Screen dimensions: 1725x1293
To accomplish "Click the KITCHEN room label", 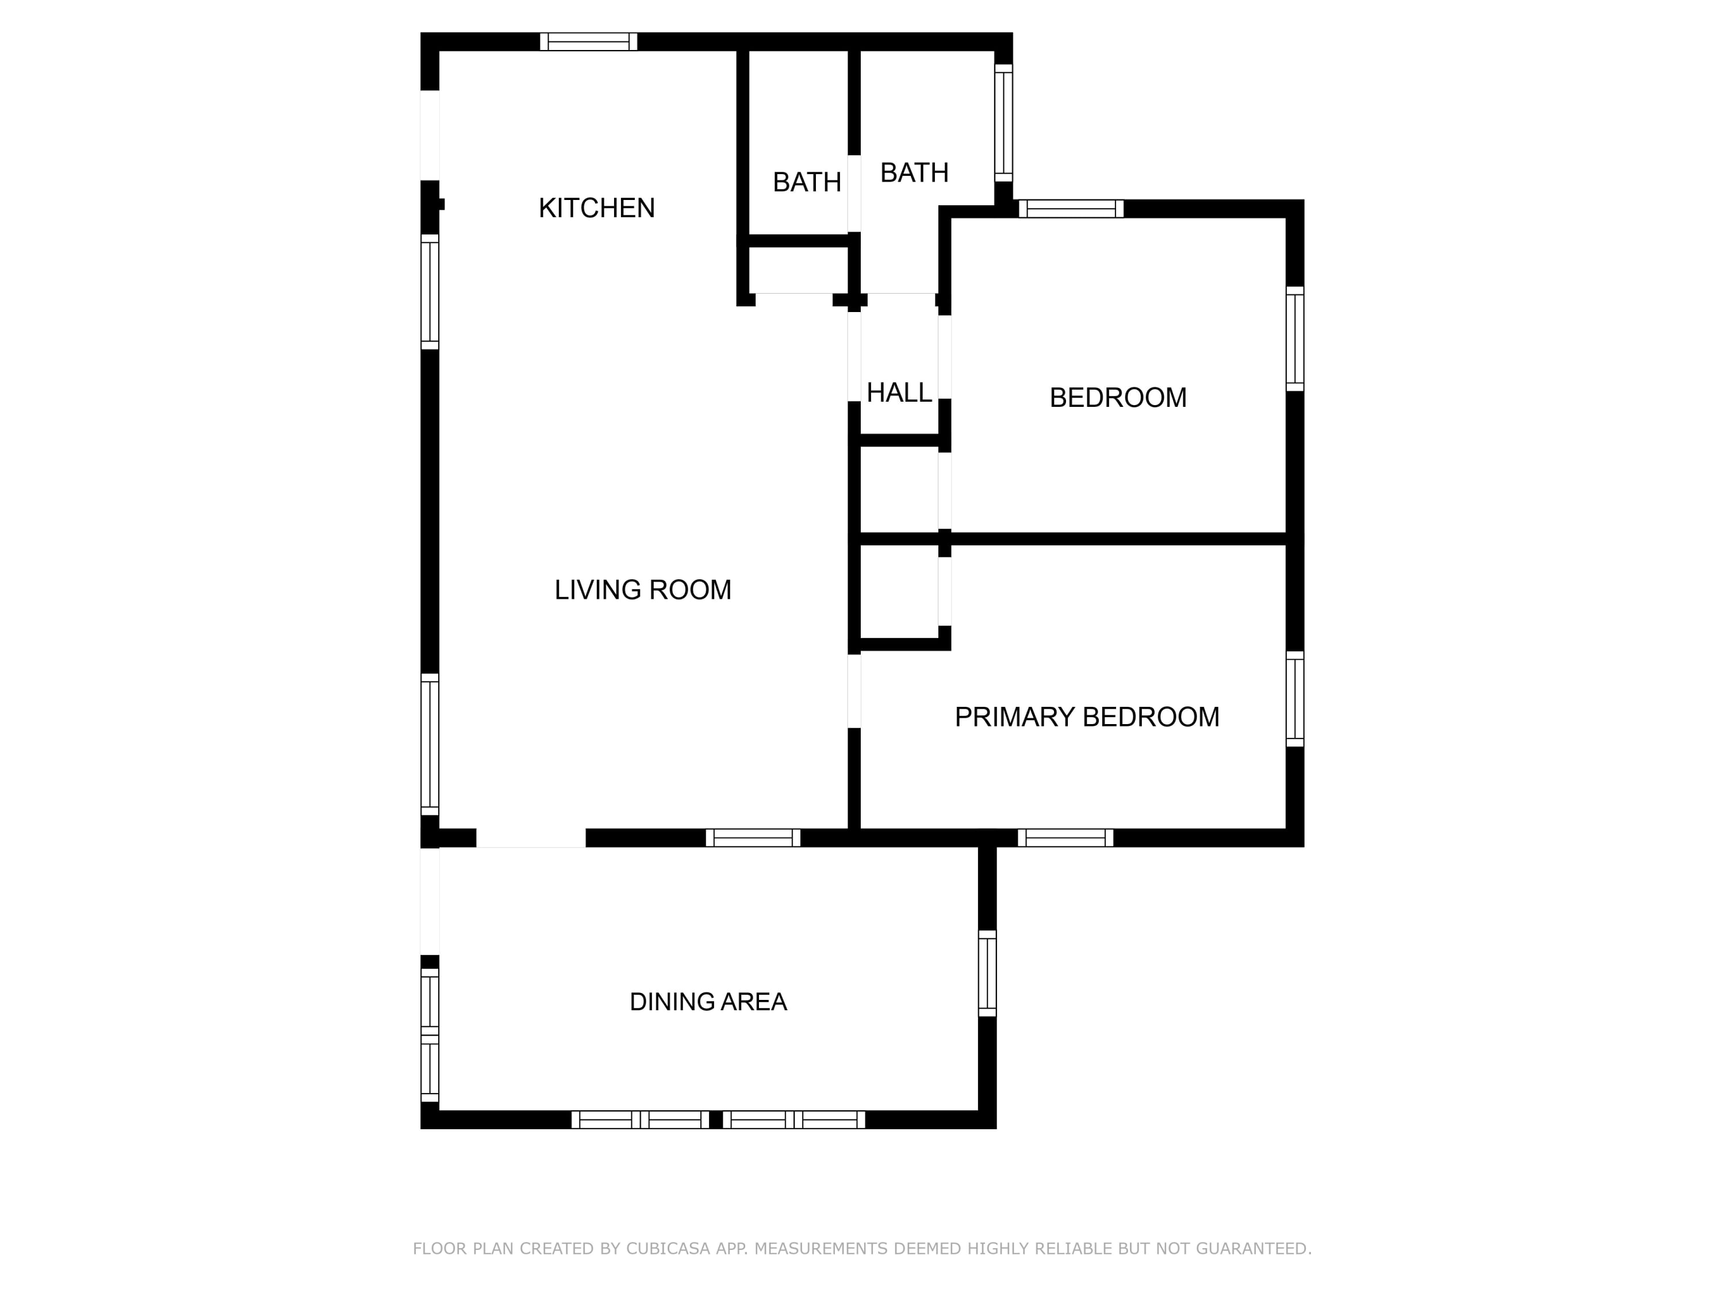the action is [x=597, y=208].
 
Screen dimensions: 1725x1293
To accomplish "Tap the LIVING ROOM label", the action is [x=643, y=590].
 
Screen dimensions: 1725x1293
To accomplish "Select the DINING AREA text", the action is [x=708, y=1002].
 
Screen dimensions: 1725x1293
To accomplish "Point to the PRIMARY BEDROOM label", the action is [x=1087, y=717].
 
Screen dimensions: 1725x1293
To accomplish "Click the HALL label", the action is [x=899, y=393].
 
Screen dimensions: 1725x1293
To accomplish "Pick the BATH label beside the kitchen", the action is [x=807, y=182].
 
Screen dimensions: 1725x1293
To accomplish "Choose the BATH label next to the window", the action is [x=914, y=172].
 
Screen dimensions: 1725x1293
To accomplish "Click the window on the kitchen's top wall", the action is [x=589, y=41].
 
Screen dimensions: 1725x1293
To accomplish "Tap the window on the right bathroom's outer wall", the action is [x=1003, y=123].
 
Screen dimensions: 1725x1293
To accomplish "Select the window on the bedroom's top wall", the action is [x=1071, y=209].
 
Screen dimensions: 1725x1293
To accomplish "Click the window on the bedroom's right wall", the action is [x=1294, y=339].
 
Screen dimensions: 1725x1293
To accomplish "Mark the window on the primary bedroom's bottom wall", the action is [x=1065, y=838].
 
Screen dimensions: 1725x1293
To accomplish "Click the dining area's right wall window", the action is [x=987, y=973].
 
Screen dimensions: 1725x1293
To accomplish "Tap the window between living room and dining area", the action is [x=753, y=838].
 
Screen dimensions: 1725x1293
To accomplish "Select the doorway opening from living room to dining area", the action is [x=531, y=838].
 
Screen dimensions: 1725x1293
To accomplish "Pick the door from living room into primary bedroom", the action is [x=854, y=691].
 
